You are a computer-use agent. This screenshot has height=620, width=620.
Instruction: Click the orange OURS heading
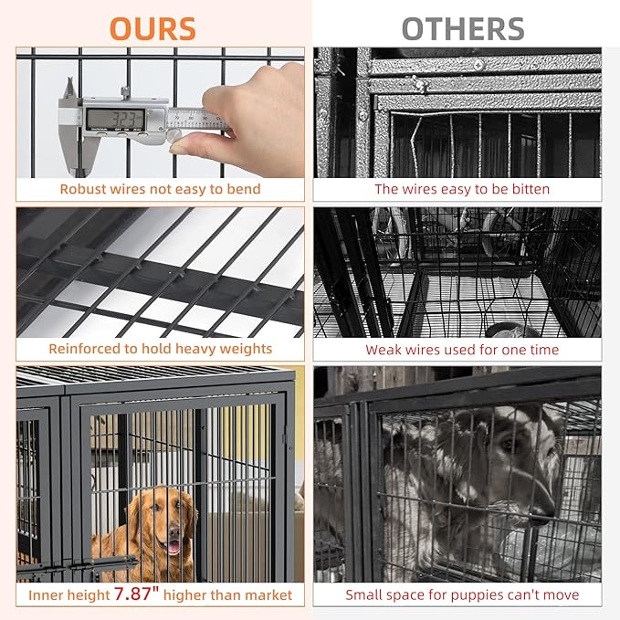pos(152,28)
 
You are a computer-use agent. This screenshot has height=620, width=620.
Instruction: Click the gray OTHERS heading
pos(463,28)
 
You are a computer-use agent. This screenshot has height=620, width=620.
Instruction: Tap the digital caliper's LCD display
pos(115,118)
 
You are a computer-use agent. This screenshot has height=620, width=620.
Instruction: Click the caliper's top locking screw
pos(125,92)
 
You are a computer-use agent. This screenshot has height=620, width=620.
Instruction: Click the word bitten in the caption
pos(531,189)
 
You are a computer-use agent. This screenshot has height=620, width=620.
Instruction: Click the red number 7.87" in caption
pos(136,594)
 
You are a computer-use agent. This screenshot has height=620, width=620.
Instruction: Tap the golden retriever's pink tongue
pos(173,547)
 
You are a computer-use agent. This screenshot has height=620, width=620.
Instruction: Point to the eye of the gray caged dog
pos(508,444)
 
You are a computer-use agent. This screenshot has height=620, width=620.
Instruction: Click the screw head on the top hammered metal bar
pos(478,65)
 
